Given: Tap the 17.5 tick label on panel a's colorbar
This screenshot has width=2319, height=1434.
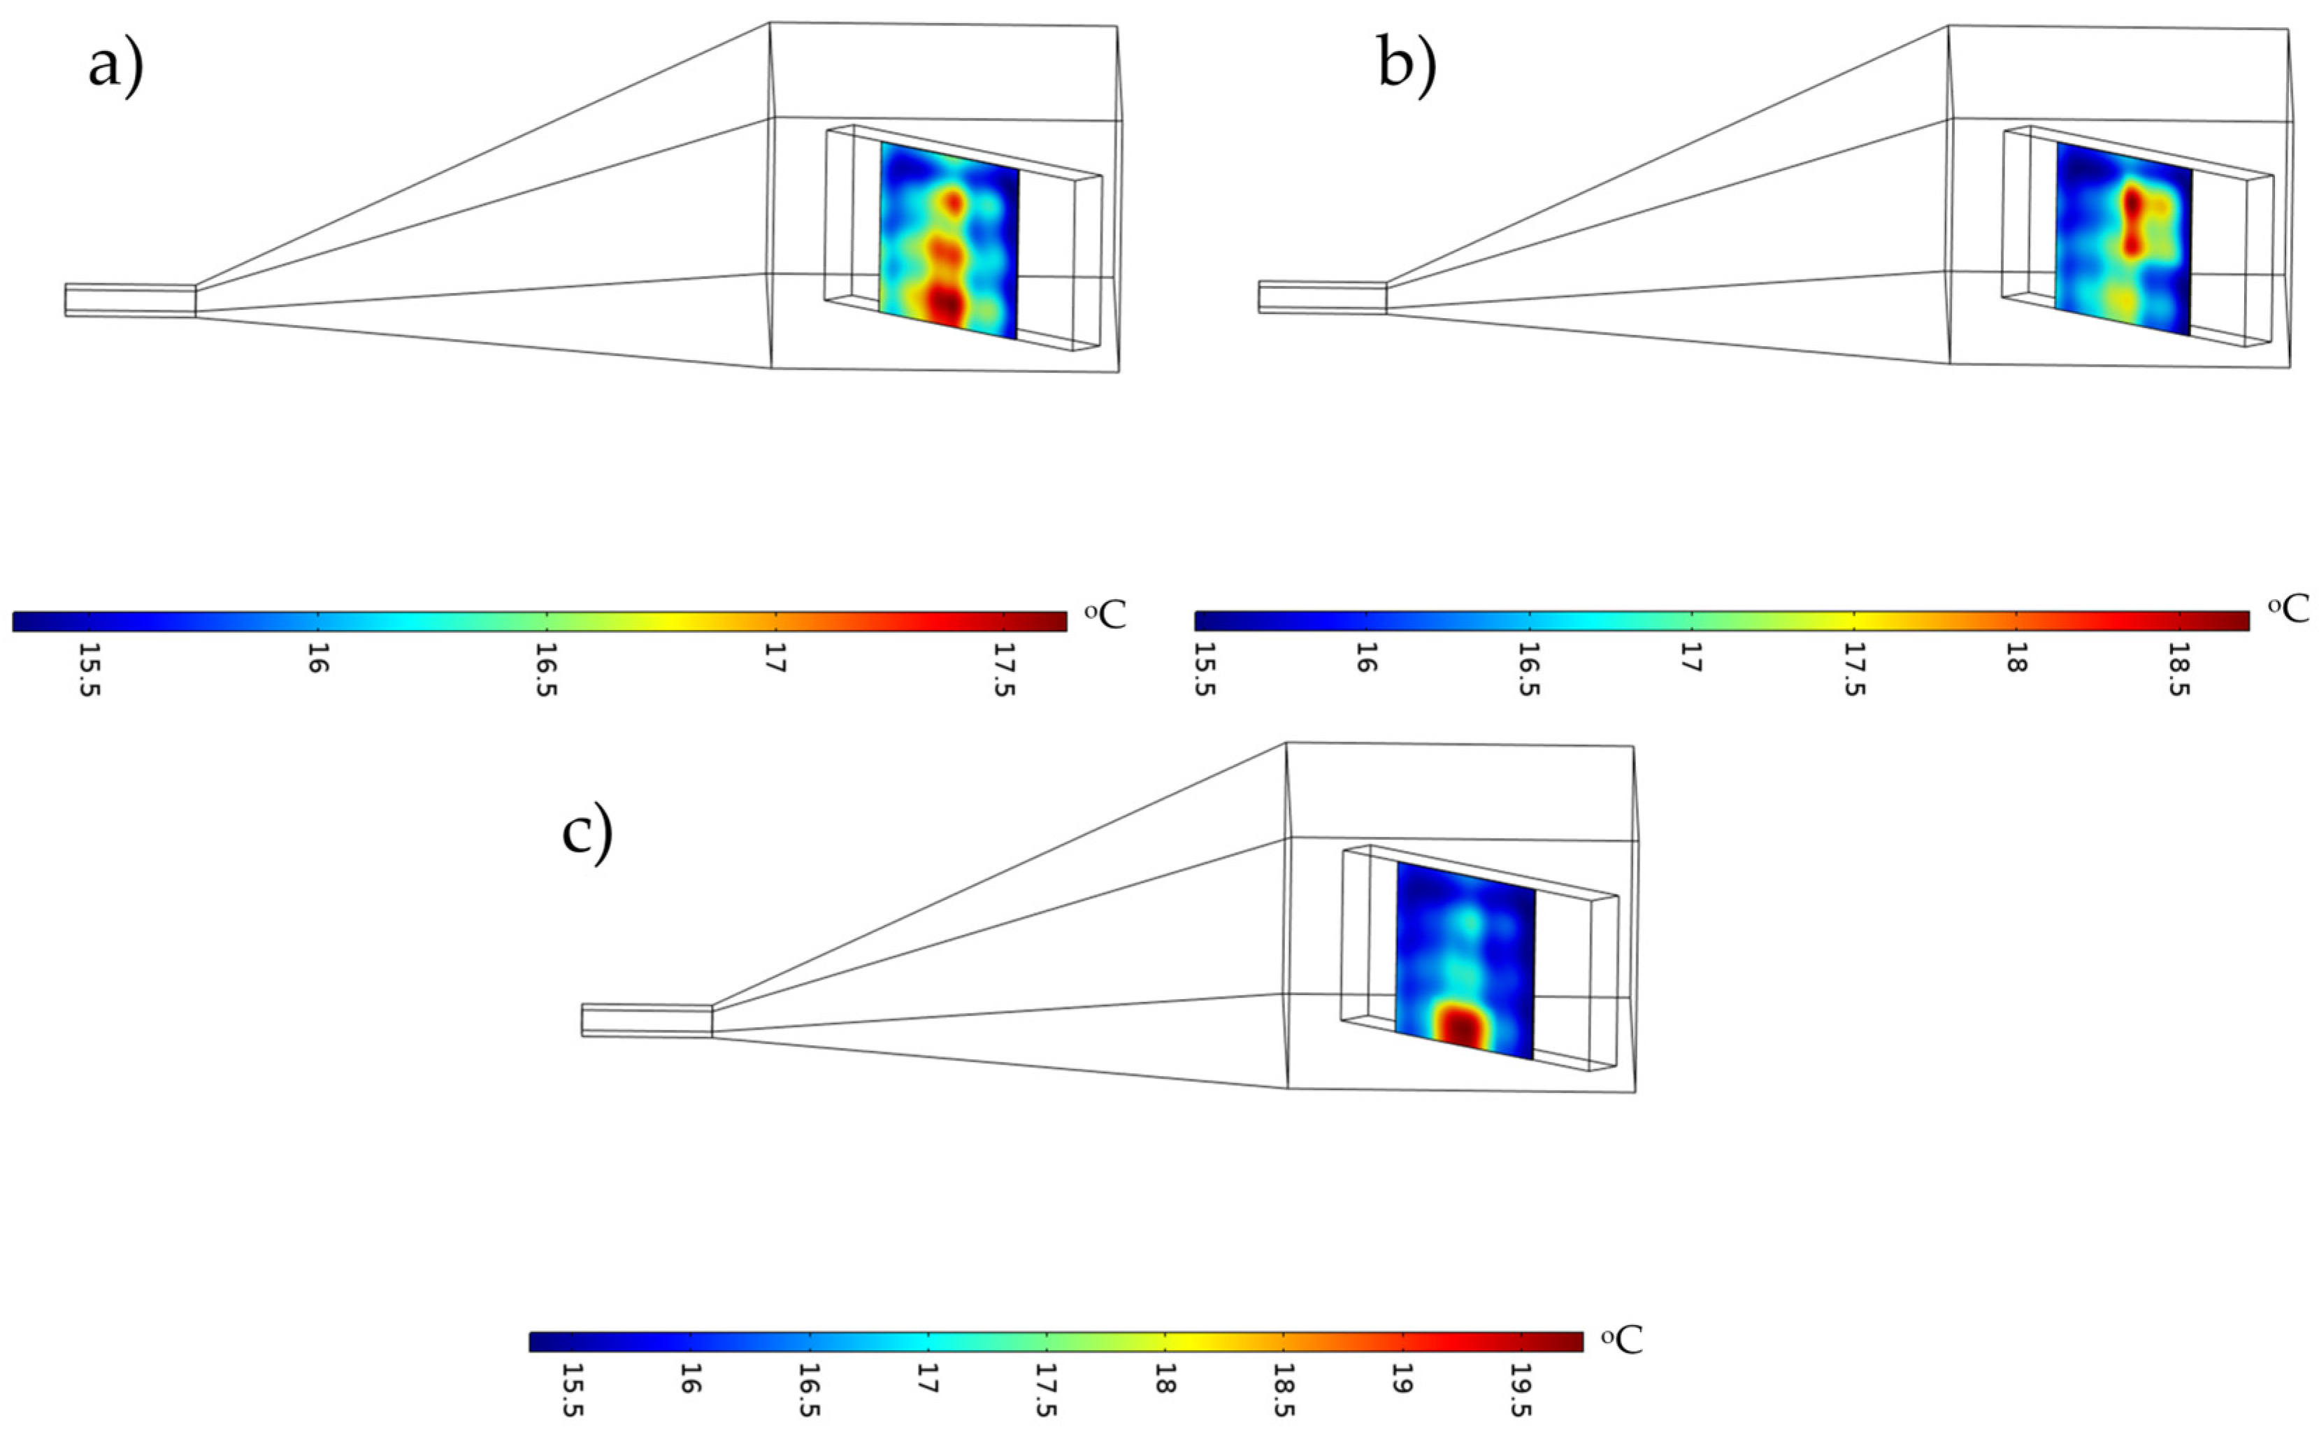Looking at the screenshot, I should (1004, 671).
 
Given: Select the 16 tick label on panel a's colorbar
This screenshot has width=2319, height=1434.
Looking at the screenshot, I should (317, 659).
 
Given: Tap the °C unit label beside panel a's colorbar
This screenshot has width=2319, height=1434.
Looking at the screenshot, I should (1105, 615).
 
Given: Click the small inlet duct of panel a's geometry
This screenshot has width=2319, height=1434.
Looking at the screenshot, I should (130, 300).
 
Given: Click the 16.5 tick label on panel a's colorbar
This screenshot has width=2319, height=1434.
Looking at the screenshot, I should (546, 671).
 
